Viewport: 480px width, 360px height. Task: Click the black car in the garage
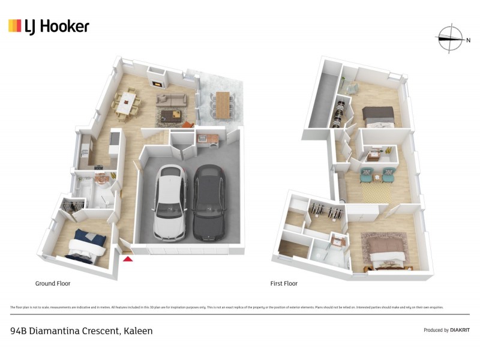[x=208, y=201]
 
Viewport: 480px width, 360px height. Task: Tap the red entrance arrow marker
[x=127, y=259]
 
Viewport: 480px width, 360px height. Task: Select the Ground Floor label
[x=53, y=283]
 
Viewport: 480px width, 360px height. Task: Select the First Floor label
[x=283, y=283]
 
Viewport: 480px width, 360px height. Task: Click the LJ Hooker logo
[x=49, y=26]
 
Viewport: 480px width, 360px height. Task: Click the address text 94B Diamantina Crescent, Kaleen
[x=82, y=331]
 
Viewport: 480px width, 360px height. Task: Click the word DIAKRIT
[x=460, y=330]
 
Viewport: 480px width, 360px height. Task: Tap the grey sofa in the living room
[x=172, y=100]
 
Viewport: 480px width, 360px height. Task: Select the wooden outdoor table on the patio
[x=223, y=104]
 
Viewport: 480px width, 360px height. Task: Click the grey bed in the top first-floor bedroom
[x=377, y=115]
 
